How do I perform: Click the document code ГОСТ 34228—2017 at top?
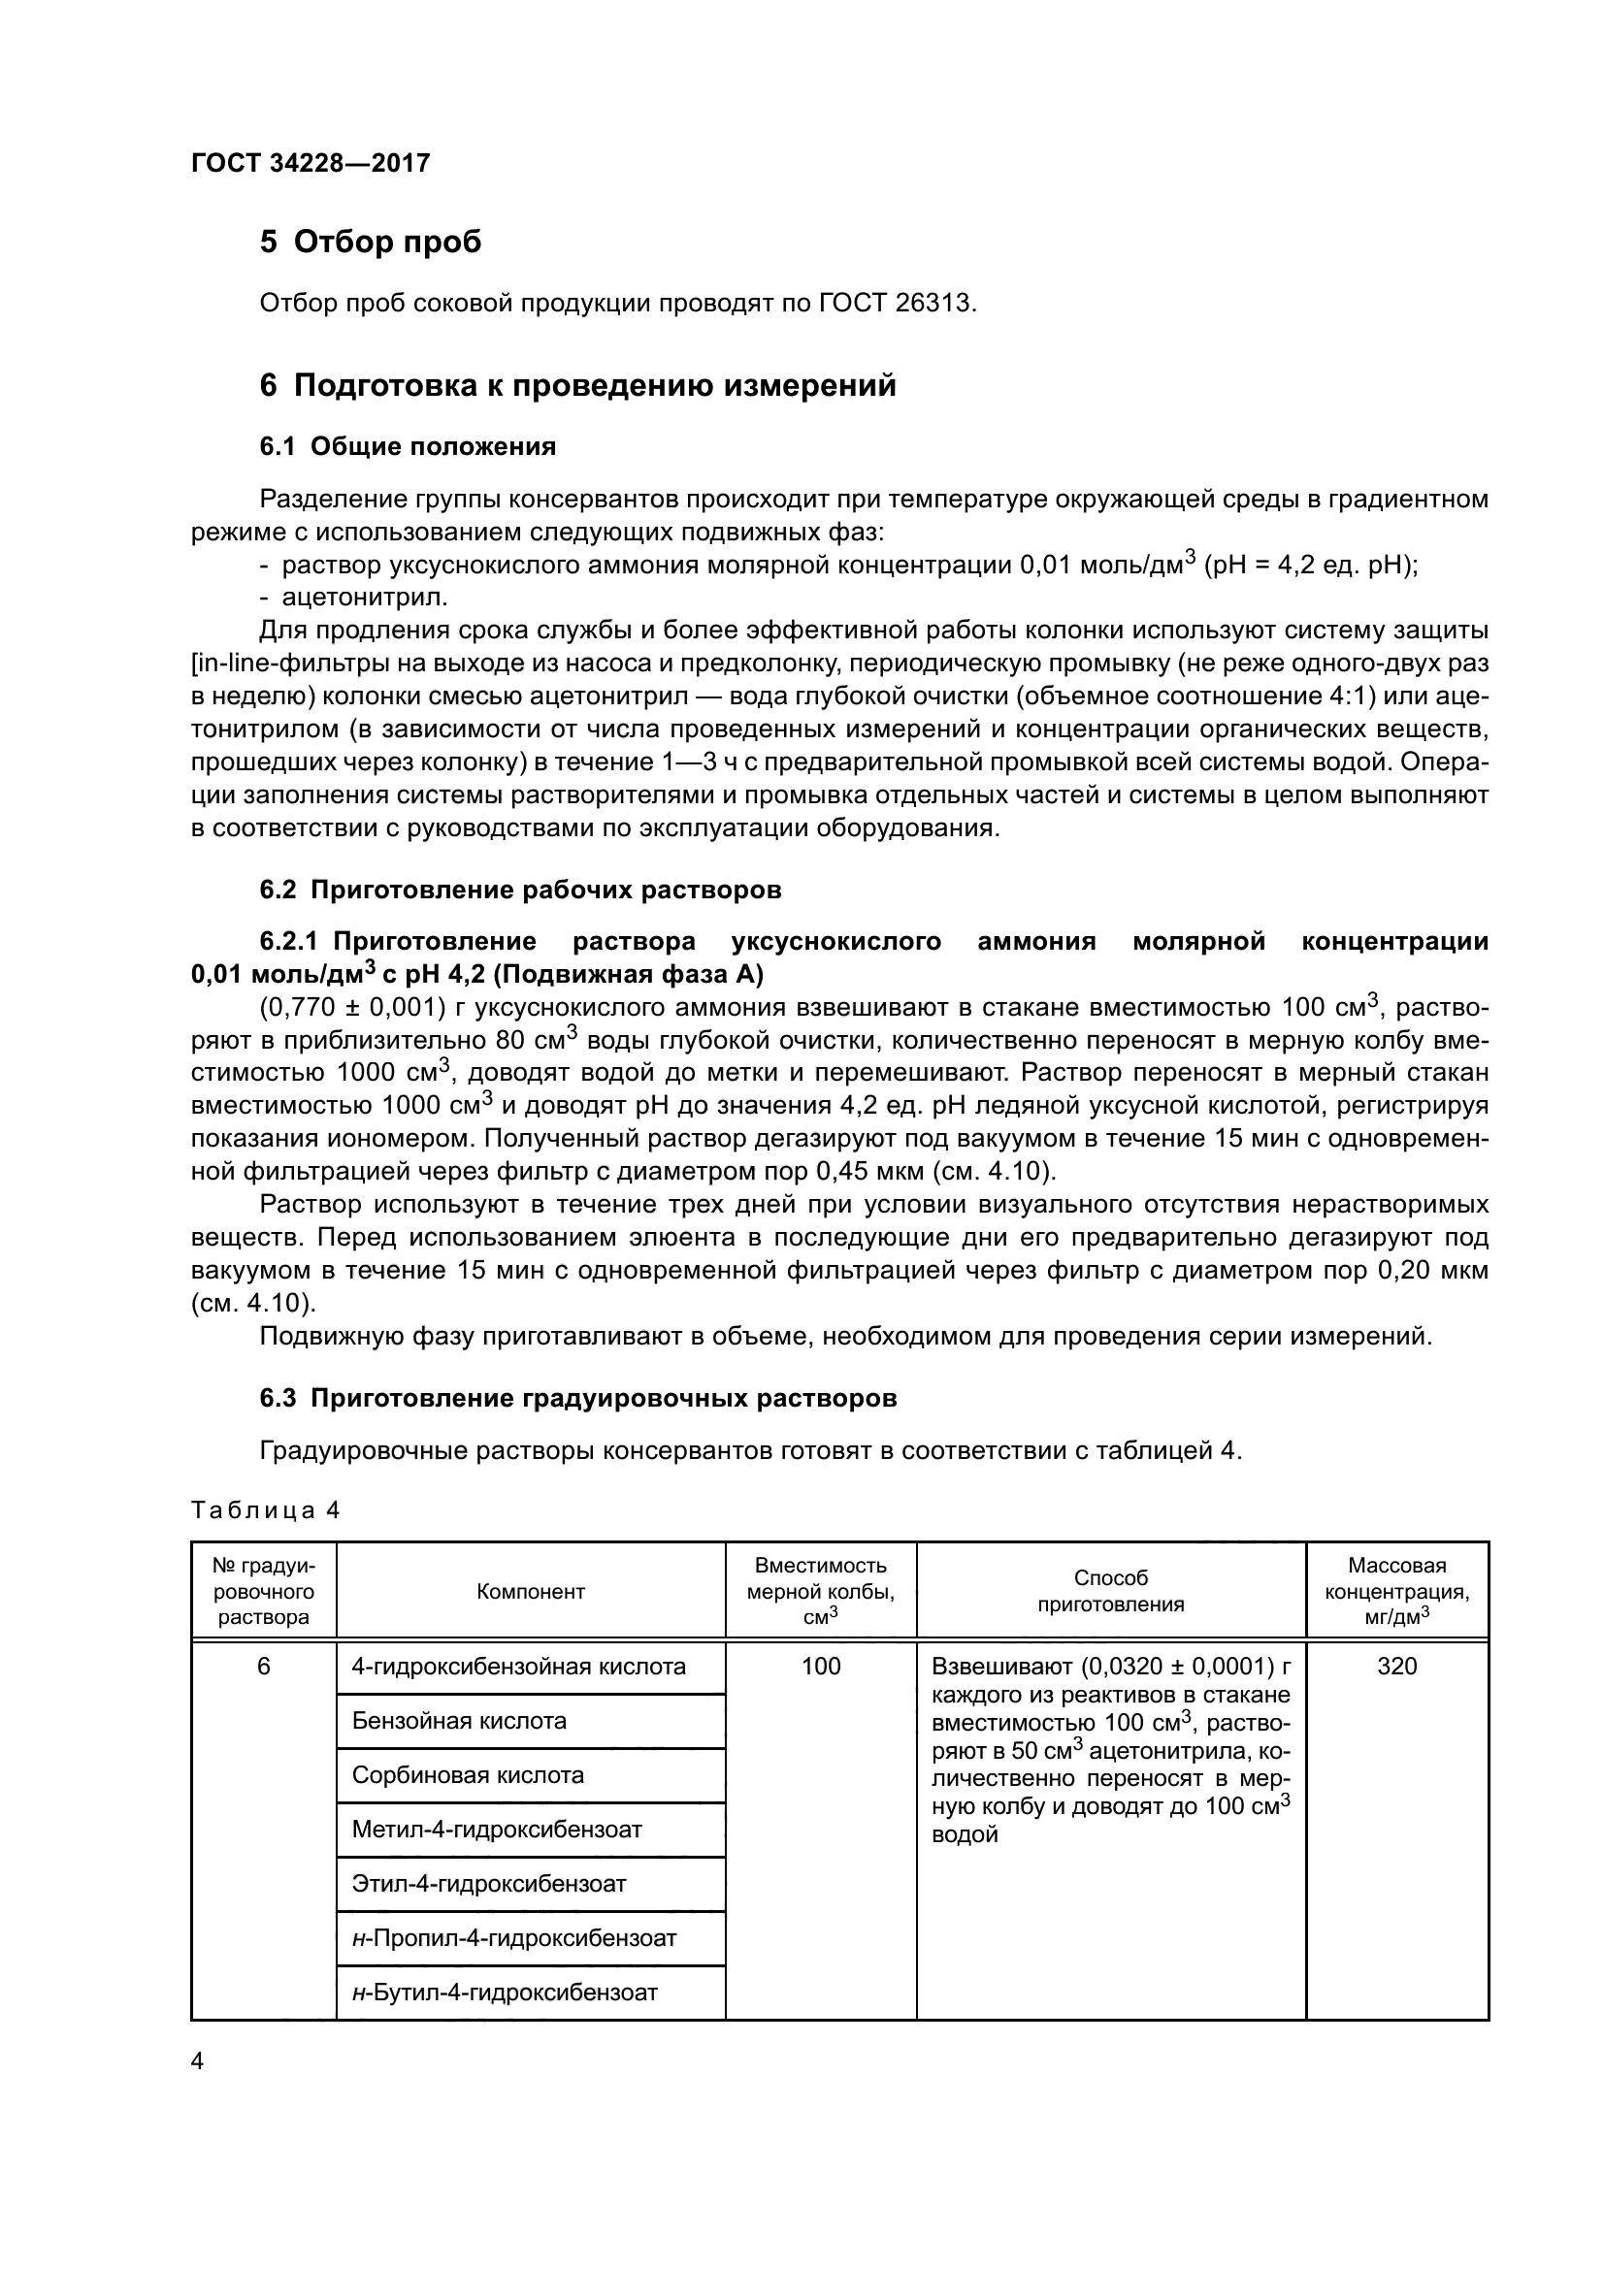(x=311, y=164)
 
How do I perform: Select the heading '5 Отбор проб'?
(x=371, y=243)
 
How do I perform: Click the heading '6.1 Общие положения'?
(x=408, y=446)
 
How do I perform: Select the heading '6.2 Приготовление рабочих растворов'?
(x=520, y=890)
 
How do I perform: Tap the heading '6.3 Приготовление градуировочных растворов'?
(x=578, y=1399)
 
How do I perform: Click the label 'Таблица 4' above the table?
(x=265, y=1511)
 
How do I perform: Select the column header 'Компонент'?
(x=531, y=1591)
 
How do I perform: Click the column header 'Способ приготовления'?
(x=1111, y=1591)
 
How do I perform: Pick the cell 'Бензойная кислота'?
(x=459, y=1721)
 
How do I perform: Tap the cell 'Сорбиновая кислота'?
(x=468, y=1775)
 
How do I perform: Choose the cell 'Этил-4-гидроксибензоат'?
(x=488, y=1884)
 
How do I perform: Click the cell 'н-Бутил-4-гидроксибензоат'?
(x=504, y=1993)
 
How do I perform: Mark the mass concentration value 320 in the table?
(x=1396, y=1667)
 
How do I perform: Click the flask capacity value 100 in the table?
(x=820, y=1667)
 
